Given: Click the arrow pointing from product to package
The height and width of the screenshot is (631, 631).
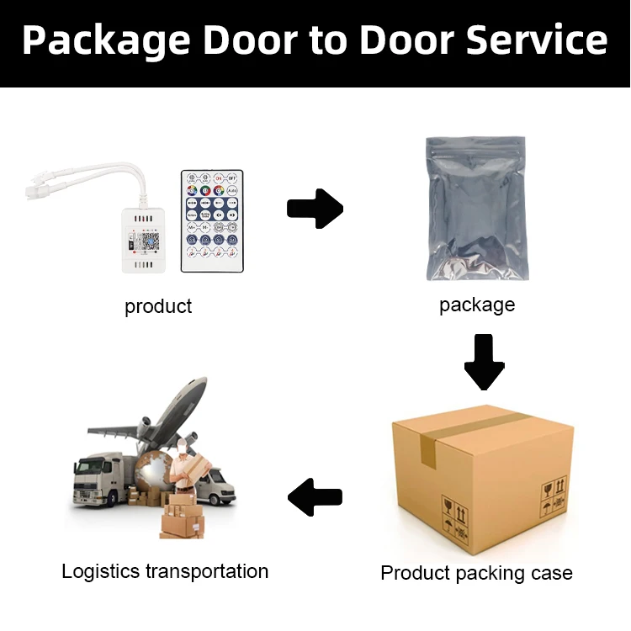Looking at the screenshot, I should [315, 208].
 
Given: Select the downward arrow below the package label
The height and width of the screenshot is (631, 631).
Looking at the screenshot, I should [483, 362].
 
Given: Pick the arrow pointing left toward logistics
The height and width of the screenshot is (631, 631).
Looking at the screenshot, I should [315, 496].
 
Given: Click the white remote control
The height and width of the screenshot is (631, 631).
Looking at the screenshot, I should [212, 220].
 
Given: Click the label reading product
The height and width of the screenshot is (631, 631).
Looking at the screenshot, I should [158, 306].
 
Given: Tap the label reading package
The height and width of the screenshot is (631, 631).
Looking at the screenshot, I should [476, 305].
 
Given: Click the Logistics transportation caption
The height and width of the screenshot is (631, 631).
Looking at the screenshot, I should [165, 571].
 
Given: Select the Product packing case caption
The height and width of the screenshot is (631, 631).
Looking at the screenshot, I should [476, 573].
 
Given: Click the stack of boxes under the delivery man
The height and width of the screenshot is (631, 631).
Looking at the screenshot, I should [182, 515].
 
